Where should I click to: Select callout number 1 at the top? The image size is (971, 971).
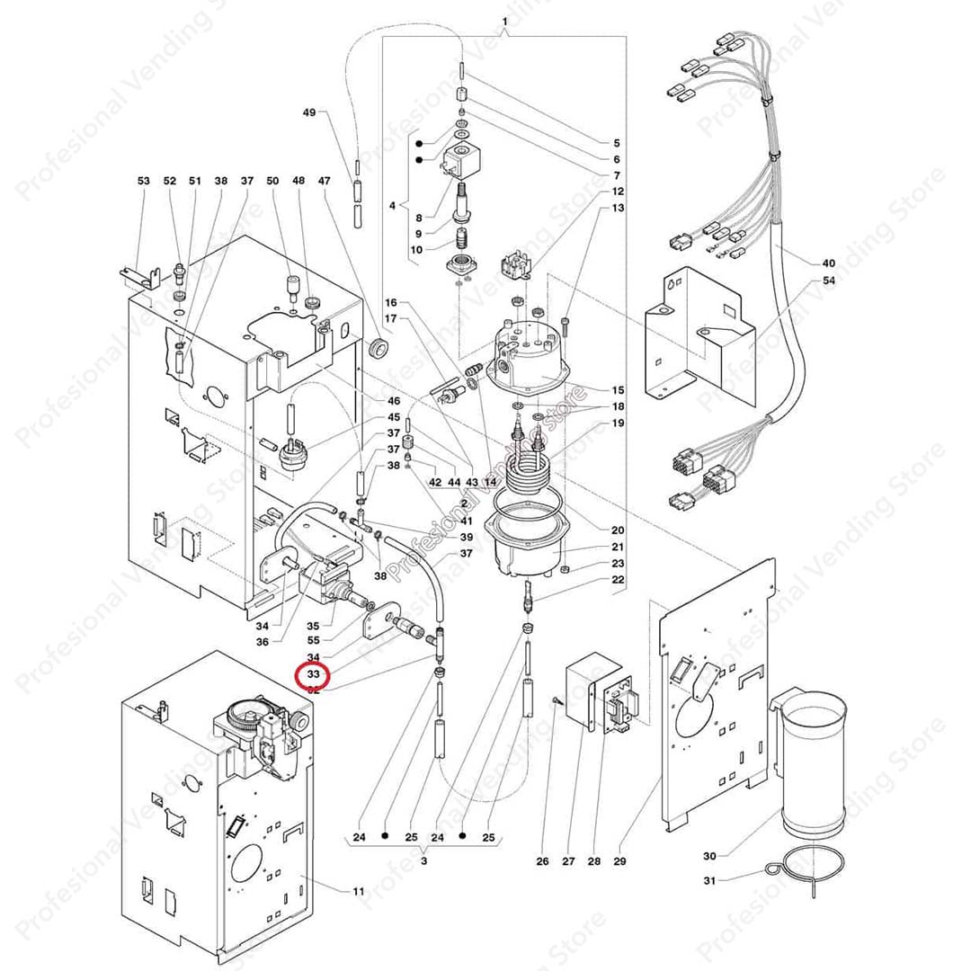pos(504,21)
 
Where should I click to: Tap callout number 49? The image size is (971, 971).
pos(309,112)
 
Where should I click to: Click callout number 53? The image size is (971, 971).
pos(144,181)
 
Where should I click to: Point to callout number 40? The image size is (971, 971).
pos(828,263)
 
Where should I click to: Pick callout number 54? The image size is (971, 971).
pos(828,281)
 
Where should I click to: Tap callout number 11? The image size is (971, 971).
pos(359,891)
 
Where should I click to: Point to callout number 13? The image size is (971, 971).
pos(618,208)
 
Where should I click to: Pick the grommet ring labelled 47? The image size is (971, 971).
pos(378,346)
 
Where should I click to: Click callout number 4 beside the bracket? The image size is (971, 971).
pos(393,206)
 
